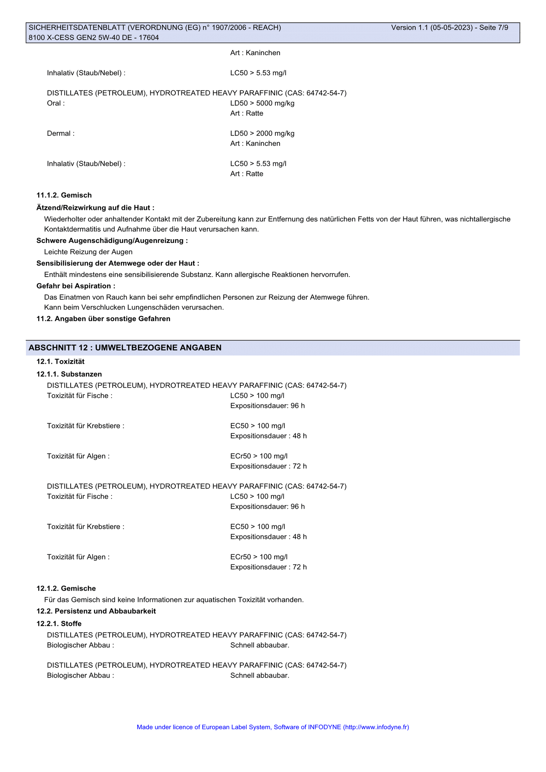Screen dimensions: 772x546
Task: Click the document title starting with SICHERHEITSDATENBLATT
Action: coord(155,28)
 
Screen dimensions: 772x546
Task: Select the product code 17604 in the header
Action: coord(149,37)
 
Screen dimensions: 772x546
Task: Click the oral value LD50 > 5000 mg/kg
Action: coord(262,103)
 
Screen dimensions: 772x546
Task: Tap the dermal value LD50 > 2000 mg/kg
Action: coord(262,133)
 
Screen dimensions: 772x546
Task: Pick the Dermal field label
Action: coord(60,133)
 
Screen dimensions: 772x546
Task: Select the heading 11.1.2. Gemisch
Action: coord(64,195)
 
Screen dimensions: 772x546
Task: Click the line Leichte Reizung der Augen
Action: coord(88,252)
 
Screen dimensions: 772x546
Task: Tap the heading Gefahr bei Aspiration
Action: coord(76,286)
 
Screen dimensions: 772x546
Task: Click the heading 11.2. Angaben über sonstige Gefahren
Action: coord(103,319)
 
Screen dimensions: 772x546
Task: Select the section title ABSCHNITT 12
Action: coord(125,348)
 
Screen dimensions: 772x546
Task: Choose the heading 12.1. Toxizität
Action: coord(60,362)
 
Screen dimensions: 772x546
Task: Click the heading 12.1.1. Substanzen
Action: coord(69,374)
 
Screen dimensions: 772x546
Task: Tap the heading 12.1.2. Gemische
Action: coord(66,588)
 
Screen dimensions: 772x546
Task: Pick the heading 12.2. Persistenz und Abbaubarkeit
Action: coord(96,611)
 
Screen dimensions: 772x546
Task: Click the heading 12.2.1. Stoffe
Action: coord(59,623)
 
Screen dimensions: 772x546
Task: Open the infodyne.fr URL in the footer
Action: coord(376,727)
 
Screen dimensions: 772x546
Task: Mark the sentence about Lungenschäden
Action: coord(134,307)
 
